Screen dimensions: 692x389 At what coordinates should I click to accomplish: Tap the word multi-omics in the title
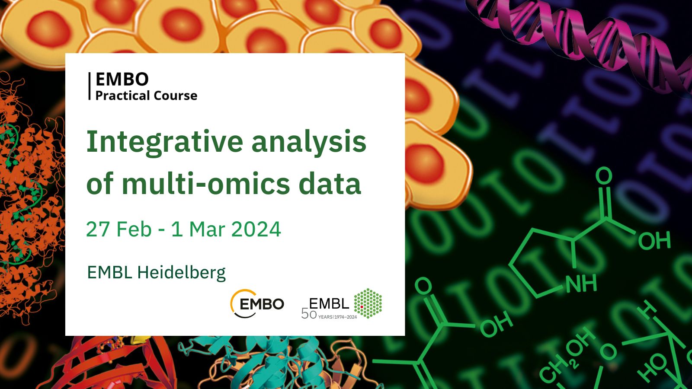point(206,184)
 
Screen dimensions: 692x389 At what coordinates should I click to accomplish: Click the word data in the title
point(330,184)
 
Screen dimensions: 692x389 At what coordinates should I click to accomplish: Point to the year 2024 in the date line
point(256,230)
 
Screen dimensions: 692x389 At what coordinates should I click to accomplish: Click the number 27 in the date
point(98,230)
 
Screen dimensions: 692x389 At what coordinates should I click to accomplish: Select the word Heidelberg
point(181,273)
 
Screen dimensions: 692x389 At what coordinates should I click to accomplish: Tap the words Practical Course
point(146,96)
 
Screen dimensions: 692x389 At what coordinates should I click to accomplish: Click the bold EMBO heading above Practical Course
point(122,79)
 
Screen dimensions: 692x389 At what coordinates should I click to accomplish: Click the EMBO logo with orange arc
point(257,303)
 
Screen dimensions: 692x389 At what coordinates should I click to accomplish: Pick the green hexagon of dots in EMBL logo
point(368,303)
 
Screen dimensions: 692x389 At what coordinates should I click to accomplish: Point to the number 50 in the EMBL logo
point(309,314)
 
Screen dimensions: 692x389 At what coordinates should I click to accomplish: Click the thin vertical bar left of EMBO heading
point(90,86)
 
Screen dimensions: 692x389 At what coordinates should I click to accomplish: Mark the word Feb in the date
point(134,230)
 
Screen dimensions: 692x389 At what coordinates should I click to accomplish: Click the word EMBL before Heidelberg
point(110,272)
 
